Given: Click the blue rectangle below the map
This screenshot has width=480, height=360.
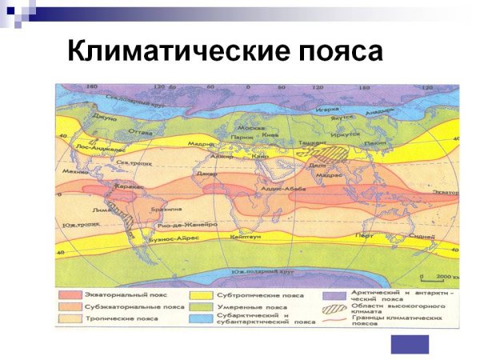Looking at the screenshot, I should pos(410,344).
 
